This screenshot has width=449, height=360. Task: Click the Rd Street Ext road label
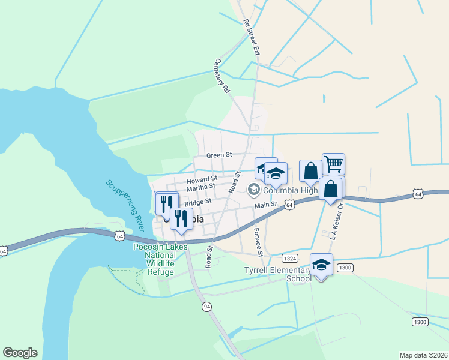(x=251, y=37)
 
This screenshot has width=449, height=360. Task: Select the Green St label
(x=219, y=155)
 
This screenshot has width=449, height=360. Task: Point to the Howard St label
(x=202, y=179)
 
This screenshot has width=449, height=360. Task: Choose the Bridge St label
(x=198, y=203)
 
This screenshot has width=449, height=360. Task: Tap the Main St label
(x=265, y=205)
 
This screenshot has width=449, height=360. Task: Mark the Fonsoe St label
(x=259, y=242)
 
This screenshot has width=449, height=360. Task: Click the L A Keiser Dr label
(x=336, y=221)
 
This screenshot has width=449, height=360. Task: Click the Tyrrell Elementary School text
(x=278, y=274)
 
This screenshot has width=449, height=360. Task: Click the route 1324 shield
(x=290, y=257)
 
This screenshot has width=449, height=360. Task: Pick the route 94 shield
(x=206, y=307)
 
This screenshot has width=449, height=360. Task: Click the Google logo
(x=20, y=353)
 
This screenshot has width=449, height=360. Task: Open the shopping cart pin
(x=333, y=164)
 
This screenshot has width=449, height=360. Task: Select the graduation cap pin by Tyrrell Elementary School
(x=321, y=265)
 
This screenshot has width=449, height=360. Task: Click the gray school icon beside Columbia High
(x=253, y=191)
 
